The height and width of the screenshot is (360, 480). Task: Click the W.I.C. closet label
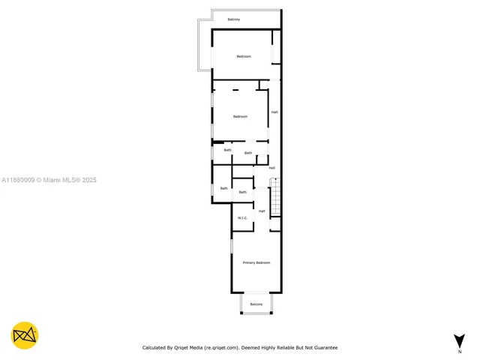pos(242,217)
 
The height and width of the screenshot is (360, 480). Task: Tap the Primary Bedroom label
pos(256,262)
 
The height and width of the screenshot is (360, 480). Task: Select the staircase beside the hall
pos(274,198)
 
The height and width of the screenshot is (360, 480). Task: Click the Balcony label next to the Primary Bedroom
pos(256,304)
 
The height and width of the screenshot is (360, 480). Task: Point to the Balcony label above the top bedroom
pos(234,19)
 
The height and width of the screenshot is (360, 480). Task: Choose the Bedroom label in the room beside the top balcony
pos(244,57)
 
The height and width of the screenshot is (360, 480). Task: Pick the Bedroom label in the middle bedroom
pos(240,116)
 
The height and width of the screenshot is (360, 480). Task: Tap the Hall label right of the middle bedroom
pos(274,112)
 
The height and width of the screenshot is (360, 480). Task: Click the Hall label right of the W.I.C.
pos(262,211)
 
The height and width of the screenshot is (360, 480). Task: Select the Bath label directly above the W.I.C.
pos(242,193)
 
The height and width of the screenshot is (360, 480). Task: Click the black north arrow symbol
pos(459,340)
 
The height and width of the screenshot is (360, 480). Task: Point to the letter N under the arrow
pos(459,351)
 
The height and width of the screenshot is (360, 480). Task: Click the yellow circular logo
pos(25,335)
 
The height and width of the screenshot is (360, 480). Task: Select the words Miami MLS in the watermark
pos(59,180)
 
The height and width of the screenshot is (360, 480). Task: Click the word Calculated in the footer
pos(155,348)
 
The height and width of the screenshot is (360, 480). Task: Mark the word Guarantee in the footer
pos(324,348)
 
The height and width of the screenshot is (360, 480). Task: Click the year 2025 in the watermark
pos(89,180)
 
